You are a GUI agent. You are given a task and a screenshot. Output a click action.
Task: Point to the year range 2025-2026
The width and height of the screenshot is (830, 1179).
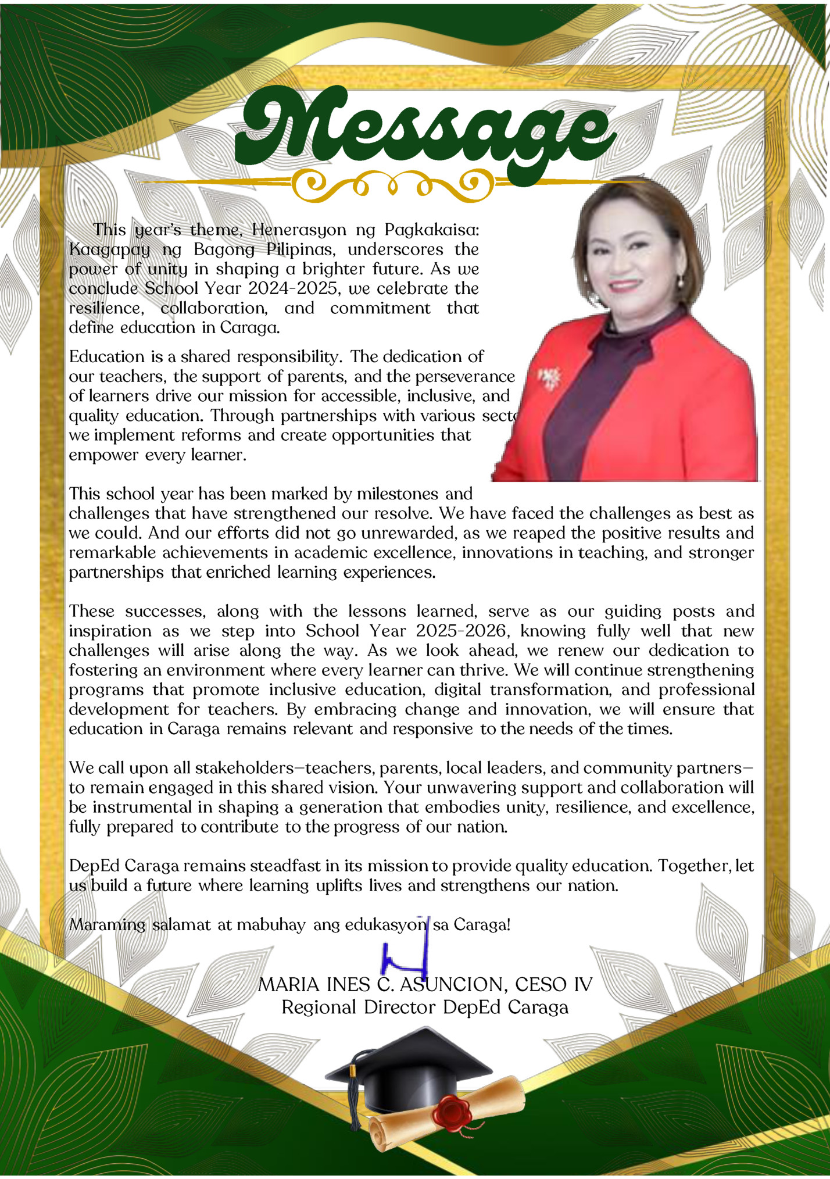click(461, 631)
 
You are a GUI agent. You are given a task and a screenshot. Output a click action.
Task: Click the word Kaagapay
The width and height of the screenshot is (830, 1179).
click(109, 250)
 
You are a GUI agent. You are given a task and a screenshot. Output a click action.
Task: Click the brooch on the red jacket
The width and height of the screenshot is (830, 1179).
click(549, 378)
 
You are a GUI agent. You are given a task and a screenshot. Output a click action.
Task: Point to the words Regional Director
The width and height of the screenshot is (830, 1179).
click(358, 1007)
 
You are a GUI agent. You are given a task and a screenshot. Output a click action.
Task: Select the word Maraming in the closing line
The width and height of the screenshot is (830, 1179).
click(107, 925)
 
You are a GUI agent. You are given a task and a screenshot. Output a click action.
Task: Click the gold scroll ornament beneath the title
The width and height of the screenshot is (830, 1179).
click(392, 187)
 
